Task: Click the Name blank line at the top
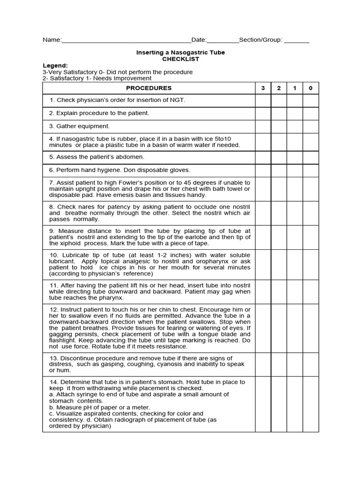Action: coord(126,41)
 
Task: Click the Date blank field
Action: coord(223,41)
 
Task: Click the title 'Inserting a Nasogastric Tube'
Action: coord(180,52)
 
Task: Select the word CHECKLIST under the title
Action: coord(180,59)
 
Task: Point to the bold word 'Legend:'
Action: coord(55,65)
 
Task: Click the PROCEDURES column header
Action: coord(149,88)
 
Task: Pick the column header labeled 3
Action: coord(263,88)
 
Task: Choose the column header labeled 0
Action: coord(310,88)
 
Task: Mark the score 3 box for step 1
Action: coord(263,101)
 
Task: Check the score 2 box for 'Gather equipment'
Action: coord(279,126)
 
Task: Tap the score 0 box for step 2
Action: coord(310,113)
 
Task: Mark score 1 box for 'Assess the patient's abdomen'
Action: coord(294,157)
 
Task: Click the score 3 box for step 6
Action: coord(263,170)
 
